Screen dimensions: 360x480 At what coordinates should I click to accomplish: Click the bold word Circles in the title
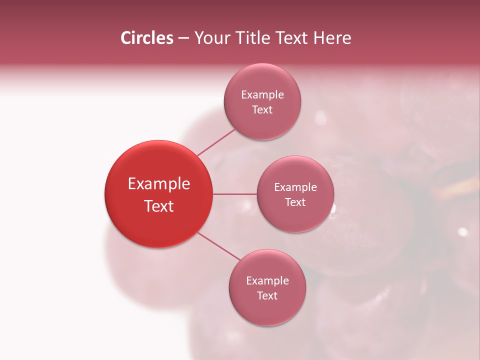tap(146, 38)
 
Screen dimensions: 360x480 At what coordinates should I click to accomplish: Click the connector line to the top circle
tap(216, 142)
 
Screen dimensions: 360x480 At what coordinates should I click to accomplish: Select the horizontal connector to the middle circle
tap(234, 194)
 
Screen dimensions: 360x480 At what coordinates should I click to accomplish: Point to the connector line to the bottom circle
tap(218, 246)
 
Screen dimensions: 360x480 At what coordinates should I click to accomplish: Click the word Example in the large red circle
tap(159, 184)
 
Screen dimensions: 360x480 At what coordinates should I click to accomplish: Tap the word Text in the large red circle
tap(159, 206)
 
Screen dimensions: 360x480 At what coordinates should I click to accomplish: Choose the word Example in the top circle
tap(262, 95)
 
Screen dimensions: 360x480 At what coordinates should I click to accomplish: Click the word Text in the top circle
tap(262, 109)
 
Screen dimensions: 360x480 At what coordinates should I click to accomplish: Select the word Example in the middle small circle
tap(295, 187)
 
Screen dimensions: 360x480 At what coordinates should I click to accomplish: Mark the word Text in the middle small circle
tap(295, 202)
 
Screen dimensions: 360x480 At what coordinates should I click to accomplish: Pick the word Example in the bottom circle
tap(267, 281)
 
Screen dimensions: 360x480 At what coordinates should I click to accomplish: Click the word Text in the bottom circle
tap(267, 295)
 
